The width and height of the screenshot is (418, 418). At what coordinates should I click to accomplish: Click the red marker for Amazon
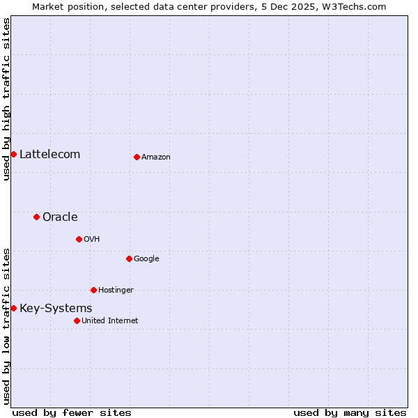click(x=137, y=157)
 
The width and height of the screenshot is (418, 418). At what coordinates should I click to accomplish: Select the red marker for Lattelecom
click(x=13, y=154)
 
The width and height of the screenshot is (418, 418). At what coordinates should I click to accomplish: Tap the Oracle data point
click(x=36, y=217)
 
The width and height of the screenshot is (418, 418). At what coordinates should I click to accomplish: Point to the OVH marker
click(x=79, y=239)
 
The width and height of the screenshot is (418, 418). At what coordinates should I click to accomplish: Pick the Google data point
click(x=129, y=258)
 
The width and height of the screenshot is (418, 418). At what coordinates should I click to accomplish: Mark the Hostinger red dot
click(x=93, y=290)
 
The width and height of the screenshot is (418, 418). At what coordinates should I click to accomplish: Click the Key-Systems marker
click(x=13, y=308)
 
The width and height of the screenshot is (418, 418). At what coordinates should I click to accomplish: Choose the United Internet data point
click(x=77, y=320)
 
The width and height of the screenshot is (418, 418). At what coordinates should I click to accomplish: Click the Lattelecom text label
click(x=49, y=154)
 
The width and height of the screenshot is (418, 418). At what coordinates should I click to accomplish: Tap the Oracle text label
click(x=60, y=217)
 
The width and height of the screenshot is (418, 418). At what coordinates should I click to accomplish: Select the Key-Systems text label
click(x=56, y=308)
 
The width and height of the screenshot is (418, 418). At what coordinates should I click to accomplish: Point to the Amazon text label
click(x=156, y=157)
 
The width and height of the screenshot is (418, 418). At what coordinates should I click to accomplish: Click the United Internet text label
click(x=110, y=321)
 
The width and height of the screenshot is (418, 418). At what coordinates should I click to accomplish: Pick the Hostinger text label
click(x=116, y=291)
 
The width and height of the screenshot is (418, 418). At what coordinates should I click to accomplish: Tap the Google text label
click(x=146, y=259)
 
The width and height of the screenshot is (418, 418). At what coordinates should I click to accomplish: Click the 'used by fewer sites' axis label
click(x=72, y=412)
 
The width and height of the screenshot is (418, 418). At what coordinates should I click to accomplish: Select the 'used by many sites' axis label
click(x=350, y=412)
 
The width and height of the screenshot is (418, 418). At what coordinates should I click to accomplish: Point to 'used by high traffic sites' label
click(x=6, y=99)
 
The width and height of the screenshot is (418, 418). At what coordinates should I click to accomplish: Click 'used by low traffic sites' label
click(x=6, y=326)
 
